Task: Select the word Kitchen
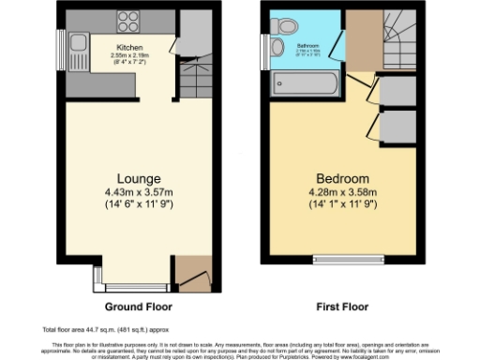tap(129, 47)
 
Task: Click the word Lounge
tap(139, 178)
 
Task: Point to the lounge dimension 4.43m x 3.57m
tap(139, 192)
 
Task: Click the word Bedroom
tap(341, 178)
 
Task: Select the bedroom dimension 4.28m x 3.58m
tap(341, 192)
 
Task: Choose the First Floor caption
tap(342, 307)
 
